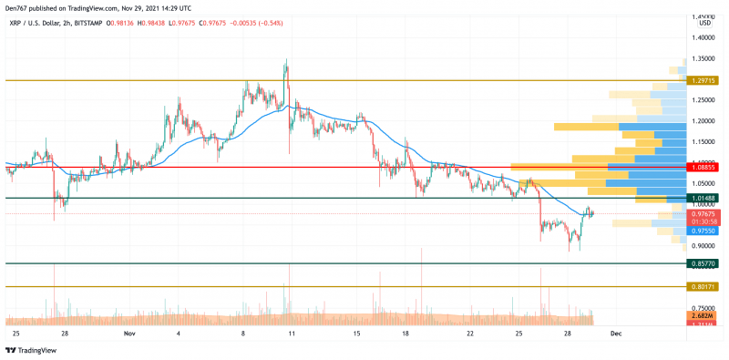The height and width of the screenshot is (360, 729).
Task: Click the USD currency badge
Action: coord(705,23)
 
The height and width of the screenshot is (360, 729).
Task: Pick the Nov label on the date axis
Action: coord(128,334)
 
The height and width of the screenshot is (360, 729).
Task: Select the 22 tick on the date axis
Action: coord(469,334)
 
